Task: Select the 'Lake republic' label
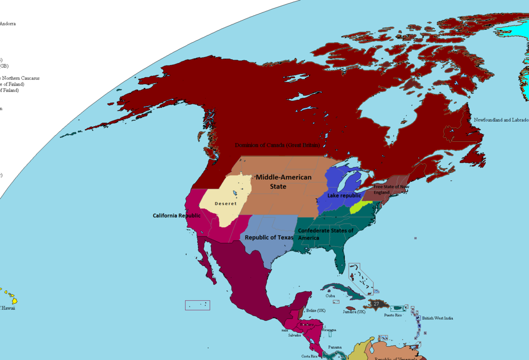344,196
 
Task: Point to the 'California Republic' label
177,216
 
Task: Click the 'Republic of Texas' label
269,237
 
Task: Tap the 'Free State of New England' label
391,189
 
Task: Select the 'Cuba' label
330,296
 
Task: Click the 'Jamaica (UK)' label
354,312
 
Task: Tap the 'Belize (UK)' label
316,311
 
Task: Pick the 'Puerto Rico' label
393,315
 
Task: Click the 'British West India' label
437,318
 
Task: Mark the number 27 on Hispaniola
376,304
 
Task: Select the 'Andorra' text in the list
7,24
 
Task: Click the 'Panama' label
335,347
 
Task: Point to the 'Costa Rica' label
309,356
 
